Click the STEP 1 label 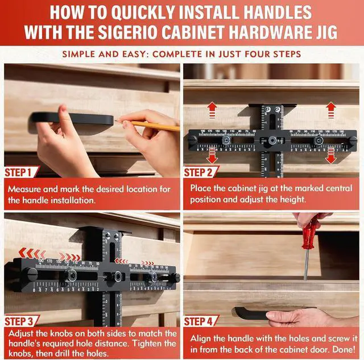pyautogui.click(x=22, y=172)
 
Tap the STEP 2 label pyautogui.click(x=202, y=172)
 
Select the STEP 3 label pyautogui.click(x=22, y=321)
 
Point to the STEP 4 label pyautogui.click(x=202, y=321)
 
